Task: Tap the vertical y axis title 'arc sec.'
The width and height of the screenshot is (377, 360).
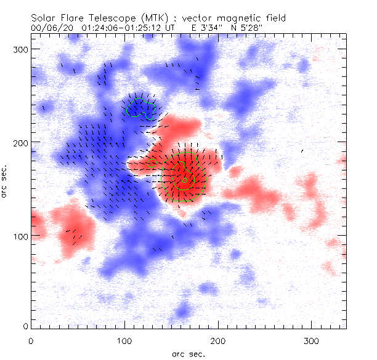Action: [x=6, y=181]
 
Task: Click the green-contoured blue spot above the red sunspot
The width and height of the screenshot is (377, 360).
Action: [x=140, y=107]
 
